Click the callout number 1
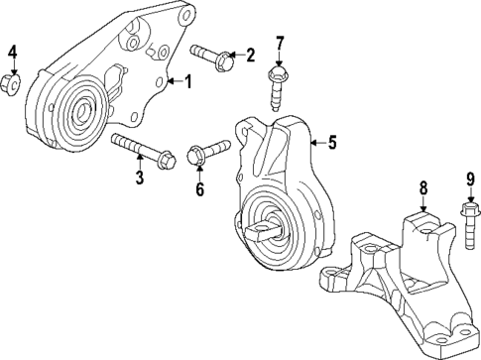pyautogui.click(x=186, y=83)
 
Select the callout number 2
pyautogui.click(x=251, y=54)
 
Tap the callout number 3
pyautogui.click(x=140, y=178)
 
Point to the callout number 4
pyautogui.click(x=13, y=51)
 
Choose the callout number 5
pyautogui.click(x=332, y=143)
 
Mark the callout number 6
pyautogui.click(x=199, y=189)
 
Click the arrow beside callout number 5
pyautogui.click(x=316, y=143)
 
